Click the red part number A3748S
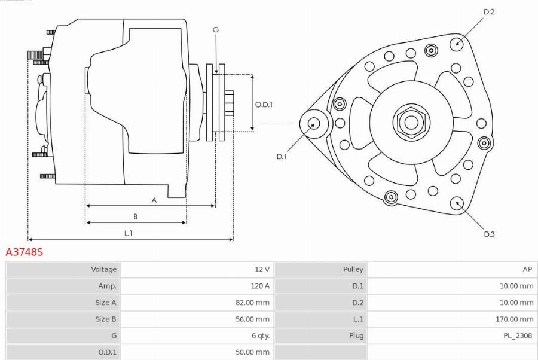(x=25, y=252)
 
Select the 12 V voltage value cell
(x=262, y=270)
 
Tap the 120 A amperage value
(x=260, y=286)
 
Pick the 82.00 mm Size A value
(x=252, y=303)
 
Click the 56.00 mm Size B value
(x=252, y=319)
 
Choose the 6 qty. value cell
(x=259, y=335)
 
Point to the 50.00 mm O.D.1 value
(x=252, y=352)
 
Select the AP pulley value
(x=527, y=270)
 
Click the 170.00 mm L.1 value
(x=515, y=319)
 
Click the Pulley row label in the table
(x=353, y=270)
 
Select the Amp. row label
(x=108, y=286)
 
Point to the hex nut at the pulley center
(x=411, y=123)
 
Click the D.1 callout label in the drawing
(x=282, y=157)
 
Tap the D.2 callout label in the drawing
(x=489, y=11)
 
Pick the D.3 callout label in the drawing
(x=489, y=234)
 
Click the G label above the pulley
(x=216, y=29)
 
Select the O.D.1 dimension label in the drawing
(x=264, y=104)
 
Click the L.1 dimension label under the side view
(x=128, y=233)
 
